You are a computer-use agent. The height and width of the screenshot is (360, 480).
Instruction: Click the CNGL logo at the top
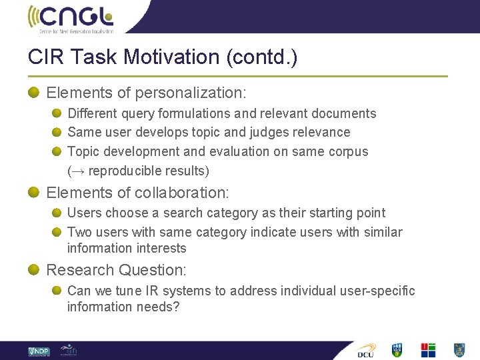tap(71, 18)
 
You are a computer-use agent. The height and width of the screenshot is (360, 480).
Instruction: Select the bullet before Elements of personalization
tap(34, 93)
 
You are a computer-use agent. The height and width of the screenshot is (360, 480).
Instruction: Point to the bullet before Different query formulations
tap(58, 114)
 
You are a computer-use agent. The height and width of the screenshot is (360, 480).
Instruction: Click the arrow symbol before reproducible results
tap(78, 171)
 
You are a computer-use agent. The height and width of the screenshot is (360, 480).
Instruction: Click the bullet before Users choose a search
tap(58, 213)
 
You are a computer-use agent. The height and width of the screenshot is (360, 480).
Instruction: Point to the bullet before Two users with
tap(58, 233)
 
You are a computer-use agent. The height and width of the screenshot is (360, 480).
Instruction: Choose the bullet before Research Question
tap(34, 270)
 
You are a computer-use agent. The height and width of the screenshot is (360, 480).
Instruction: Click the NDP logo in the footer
tap(39, 351)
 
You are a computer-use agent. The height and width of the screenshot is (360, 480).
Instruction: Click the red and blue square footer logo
tap(428, 350)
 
